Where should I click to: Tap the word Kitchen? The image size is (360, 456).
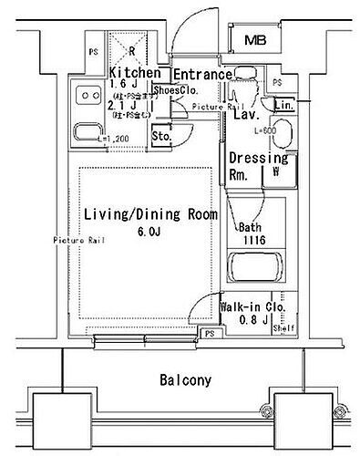coord(136,73)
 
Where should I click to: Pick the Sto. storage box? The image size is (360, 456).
coord(161,137)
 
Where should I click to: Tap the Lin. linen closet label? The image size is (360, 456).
coord(283,105)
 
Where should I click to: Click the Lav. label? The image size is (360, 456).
coord(242,116)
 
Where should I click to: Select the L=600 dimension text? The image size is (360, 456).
coord(265,131)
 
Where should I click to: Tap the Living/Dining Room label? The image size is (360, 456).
coord(150,214)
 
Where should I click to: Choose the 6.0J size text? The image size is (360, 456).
coord(150,233)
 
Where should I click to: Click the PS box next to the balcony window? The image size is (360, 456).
coord(211,335)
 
